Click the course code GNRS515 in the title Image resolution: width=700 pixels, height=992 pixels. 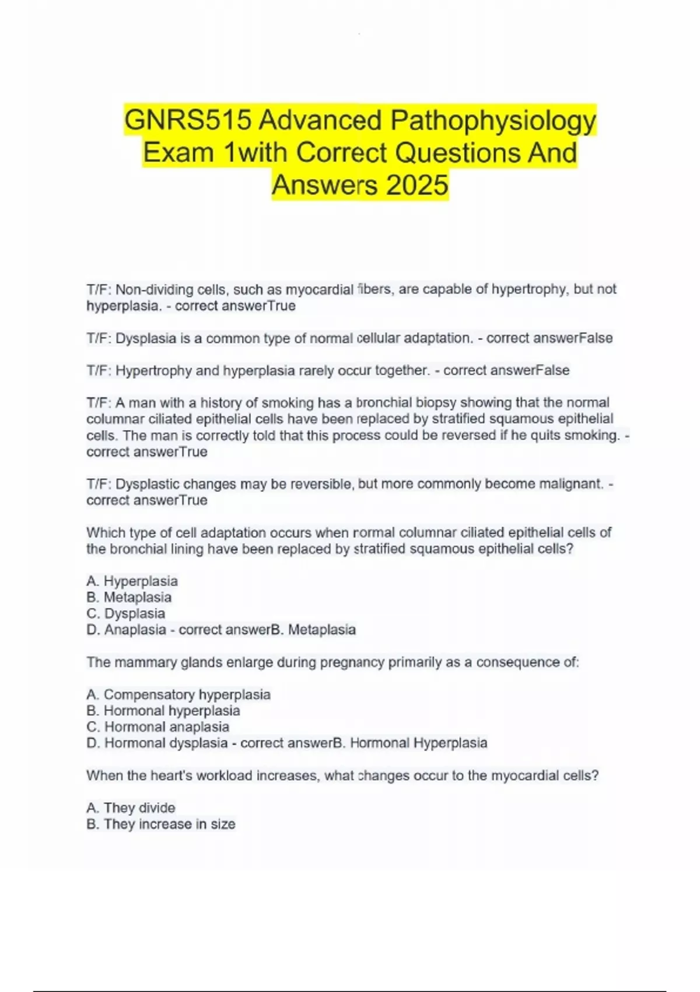pos(188,121)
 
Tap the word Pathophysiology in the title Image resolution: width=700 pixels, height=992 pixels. pos(493,121)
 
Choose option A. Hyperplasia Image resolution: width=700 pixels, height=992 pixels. pos(132,581)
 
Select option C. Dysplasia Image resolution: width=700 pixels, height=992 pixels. pos(125,614)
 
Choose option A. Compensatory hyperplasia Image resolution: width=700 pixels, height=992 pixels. pos(178,695)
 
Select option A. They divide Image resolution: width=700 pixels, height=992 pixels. pos(131,808)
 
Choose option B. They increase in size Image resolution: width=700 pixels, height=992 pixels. pos(160,825)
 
